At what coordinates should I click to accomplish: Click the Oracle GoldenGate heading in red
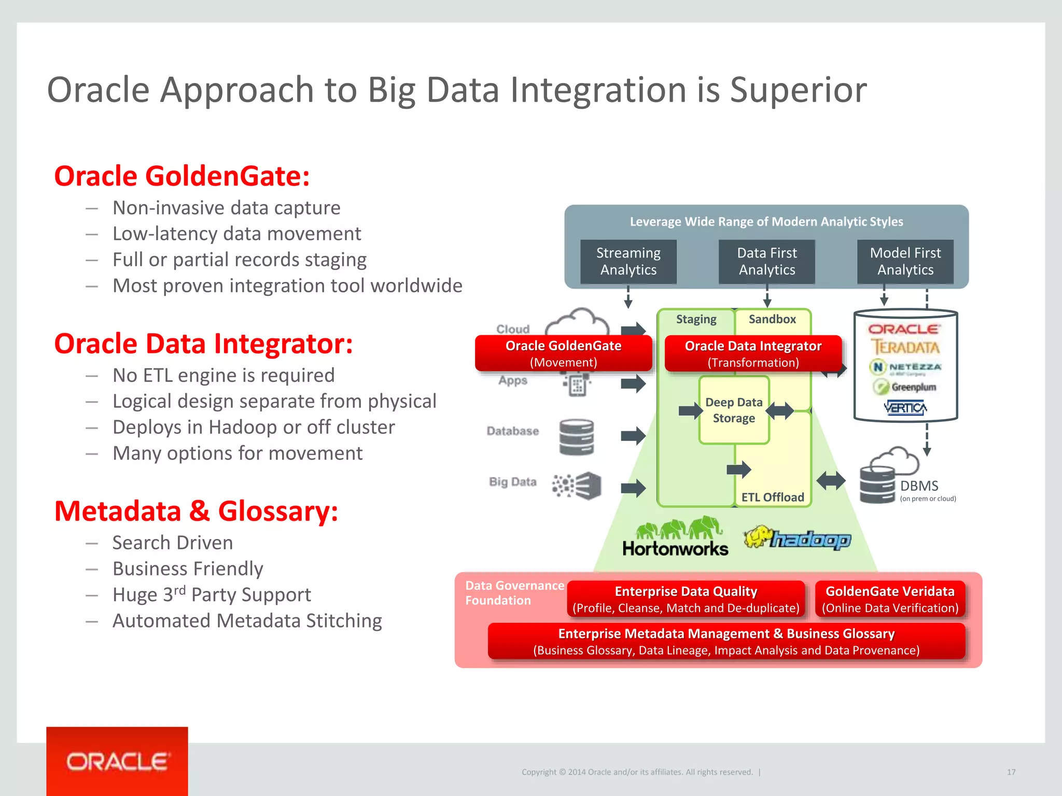click(x=182, y=176)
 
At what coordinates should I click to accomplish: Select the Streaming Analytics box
click(x=628, y=261)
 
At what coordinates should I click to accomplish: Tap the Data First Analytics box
click(x=766, y=261)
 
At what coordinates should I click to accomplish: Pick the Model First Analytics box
click(x=905, y=261)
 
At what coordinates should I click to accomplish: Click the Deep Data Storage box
click(x=734, y=410)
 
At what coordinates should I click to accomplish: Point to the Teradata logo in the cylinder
click(x=905, y=347)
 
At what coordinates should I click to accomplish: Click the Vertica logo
click(x=905, y=408)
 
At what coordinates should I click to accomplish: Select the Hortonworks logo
click(x=675, y=537)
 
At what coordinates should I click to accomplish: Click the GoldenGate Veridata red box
click(x=890, y=599)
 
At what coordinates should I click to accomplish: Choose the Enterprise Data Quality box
click(x=686, y=599)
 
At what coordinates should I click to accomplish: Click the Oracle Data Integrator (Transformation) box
click(x=753, y=353)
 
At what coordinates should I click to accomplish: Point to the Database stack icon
click(x=577, y=437)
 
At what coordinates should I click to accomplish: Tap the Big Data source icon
click(x=577, y=486)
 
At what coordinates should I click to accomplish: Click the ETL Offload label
click(x=772, y=497)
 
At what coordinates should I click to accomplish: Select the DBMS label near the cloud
click(x=919, y=486)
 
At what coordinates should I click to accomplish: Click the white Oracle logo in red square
click(x=117, y=762)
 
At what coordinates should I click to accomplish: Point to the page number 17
click(x=1011, y=772)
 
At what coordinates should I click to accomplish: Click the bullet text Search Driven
click(x=173, y=543)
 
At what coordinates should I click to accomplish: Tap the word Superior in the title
click(x=798, y=90)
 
